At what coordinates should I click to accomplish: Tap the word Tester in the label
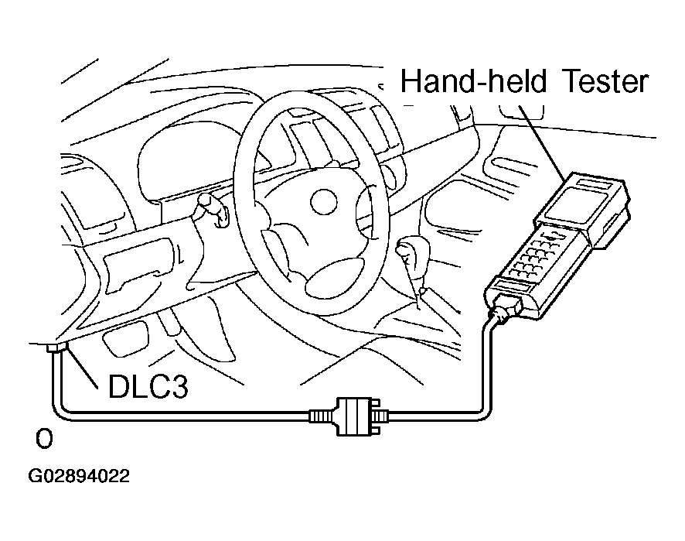[600, 80]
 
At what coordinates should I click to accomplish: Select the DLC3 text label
[148, 385]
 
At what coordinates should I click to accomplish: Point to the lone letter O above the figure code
[44, 440]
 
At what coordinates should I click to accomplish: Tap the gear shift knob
[407, 252]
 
